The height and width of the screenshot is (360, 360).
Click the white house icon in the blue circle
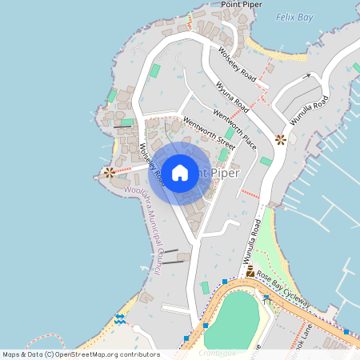(x=180, y=172)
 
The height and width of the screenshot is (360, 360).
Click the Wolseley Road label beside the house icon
(x=151, y=161)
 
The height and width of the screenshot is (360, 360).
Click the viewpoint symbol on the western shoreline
(x=109, y=171)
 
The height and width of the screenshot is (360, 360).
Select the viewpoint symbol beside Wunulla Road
(x=280, y=139)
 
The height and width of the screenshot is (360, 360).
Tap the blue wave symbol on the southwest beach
(x=119, y=319)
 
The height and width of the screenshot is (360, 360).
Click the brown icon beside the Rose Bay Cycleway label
(x=250, y=273)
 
